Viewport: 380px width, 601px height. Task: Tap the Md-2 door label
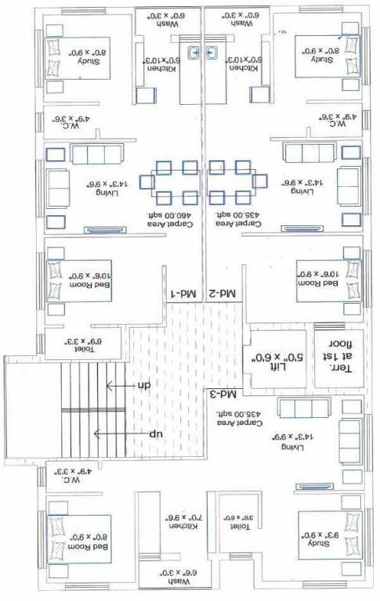[225, 293]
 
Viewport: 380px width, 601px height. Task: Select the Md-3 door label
[225, 391]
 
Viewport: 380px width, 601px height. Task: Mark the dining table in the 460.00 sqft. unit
[176, 180]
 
